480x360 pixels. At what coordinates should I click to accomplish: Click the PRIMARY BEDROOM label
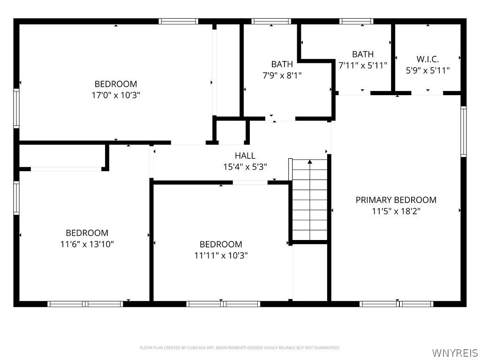coord(396,200)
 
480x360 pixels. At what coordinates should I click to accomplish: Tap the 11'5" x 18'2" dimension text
coord(396,211)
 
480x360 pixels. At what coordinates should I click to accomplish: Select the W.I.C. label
coord(427,59)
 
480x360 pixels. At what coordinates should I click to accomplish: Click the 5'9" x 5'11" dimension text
coord(427,70)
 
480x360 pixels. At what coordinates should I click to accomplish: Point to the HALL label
coord(245,156)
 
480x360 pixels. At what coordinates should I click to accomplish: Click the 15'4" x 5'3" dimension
coord(245,167)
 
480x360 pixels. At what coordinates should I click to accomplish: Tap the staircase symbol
coord(309,202)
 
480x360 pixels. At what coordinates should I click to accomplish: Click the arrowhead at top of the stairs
coord(309,162)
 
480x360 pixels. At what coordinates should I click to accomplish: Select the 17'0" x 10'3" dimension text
coord(116,95)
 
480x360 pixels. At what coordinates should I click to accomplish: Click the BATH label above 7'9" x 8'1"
coord(282,64)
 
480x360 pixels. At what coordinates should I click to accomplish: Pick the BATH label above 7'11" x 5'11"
coord(363,54)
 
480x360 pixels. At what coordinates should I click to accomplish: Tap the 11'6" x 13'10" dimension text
coord(87,244)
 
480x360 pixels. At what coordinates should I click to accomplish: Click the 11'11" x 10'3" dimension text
coord(221,255)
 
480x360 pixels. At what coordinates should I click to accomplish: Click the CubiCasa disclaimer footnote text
coord(240,348)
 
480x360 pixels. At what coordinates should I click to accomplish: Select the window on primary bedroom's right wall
coord(463,131)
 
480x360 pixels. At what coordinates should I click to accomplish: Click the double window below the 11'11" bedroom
coord(223,304)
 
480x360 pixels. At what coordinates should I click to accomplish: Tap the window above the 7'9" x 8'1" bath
coord(271,21)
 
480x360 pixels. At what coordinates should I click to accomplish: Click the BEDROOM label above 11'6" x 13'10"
coord(87,232)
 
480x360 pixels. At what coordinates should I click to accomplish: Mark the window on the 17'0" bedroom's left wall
coord(16,109)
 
